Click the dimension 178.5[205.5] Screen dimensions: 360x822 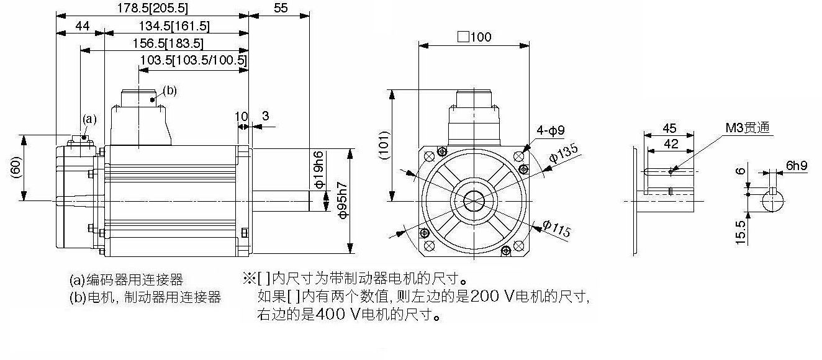(x=152, y=8)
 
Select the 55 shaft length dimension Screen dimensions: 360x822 (x=280, y=8)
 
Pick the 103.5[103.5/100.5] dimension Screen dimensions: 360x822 (x=194, y=60)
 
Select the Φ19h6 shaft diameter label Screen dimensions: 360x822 (x=318, y=169)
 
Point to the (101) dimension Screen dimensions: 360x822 (x=384, y=146)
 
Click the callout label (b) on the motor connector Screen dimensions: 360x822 (x=169, y=91)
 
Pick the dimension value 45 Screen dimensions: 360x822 (x=669, y=128)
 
